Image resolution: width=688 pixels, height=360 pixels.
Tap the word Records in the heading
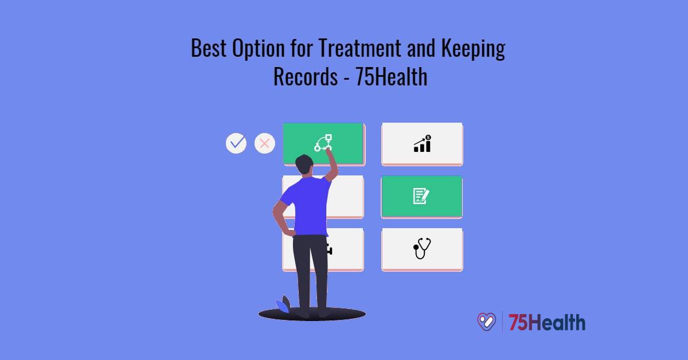pos(306,77)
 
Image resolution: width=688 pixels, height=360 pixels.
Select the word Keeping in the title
pos(473,50)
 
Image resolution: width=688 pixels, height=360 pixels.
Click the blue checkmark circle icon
pos(236,143)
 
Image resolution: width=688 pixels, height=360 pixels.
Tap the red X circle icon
pos(264,143)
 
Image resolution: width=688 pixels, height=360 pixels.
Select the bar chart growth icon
pos(423,144)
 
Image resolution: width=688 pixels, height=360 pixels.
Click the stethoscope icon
pos(422,249)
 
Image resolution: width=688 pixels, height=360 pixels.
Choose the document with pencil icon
pos(421,196)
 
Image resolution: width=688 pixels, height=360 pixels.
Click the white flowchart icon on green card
pos(323,143)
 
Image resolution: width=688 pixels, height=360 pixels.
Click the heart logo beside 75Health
pos(486,322)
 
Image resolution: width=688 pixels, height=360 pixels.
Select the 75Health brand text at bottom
pos(547,322)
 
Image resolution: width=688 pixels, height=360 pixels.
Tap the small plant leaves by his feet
pos(284,304)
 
